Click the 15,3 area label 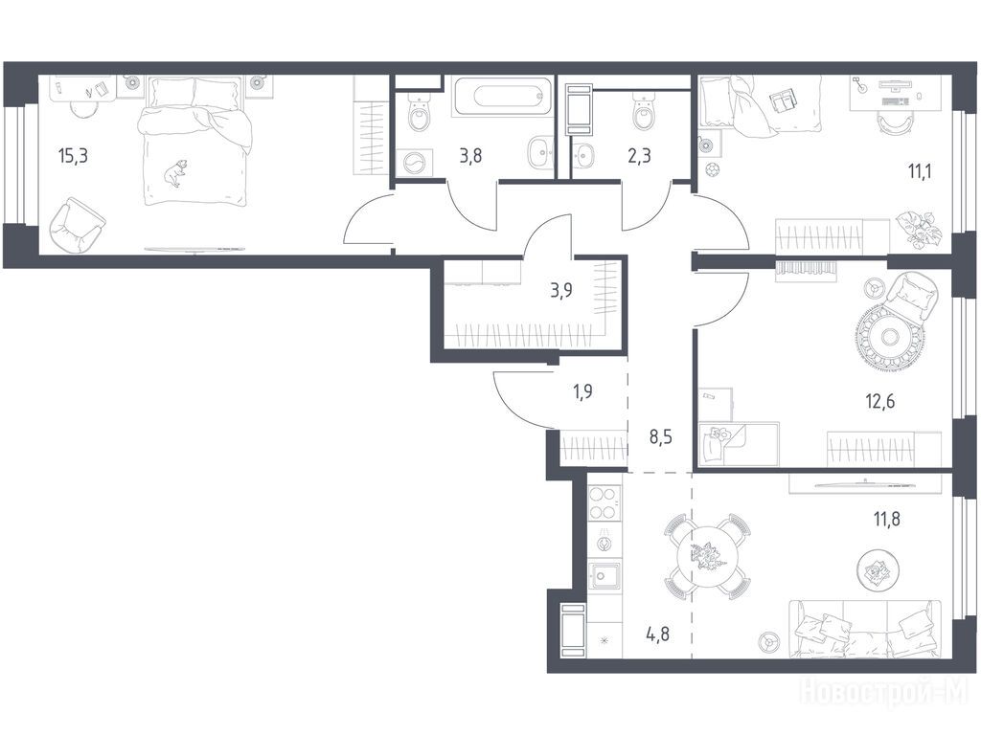click(73, 156)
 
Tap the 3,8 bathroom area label click(470, 155)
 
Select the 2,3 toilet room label click(639, 154)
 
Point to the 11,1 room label click(920, 170)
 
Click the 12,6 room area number click(880, 401)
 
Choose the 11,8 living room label click(886, 518)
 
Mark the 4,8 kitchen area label click(658, 634)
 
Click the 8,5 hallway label click(661, 436)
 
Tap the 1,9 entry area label click(582, 391)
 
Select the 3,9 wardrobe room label click(561, 290)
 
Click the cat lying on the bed click(176, 173)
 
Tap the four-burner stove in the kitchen click(605, 503)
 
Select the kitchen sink click(605, 574)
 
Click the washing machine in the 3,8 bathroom click(414, 164)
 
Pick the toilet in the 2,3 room click(643, 112)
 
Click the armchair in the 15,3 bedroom click(77, 225)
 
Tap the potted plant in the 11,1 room click(917, 227)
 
